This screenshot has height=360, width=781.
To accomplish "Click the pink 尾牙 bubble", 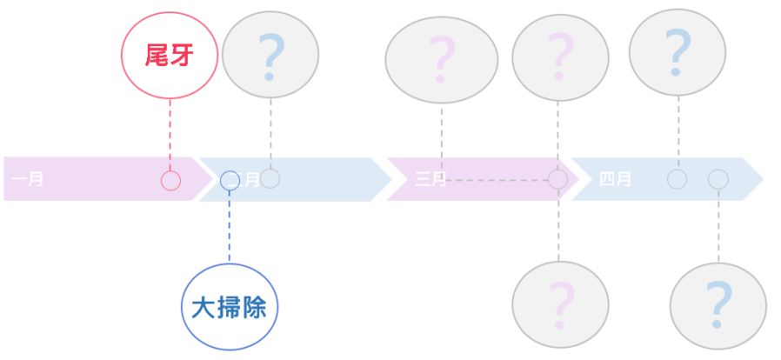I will click(x=169, y=57).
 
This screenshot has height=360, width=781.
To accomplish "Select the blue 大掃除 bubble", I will click(x=230, y=307).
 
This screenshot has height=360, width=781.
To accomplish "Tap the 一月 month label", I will click(x=29, y=180).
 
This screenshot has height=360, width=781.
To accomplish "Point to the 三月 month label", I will click(x=431, y=180).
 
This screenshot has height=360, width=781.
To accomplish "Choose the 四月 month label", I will click(x=615, y=180).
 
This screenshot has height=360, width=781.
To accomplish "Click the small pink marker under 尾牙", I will click(x=170, y=181).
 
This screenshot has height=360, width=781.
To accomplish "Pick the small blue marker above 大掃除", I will click(x=230, y=180).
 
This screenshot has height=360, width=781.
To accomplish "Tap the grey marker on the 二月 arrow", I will click(x=270, y=178).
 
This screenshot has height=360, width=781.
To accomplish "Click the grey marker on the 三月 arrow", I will click(x=557, y=179).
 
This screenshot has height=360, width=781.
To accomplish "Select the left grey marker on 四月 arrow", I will click(x=677, y=179).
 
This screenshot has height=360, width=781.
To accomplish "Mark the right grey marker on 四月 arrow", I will click(x=718, y=179).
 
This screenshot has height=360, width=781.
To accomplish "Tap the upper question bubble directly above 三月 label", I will click(x=442, y=59).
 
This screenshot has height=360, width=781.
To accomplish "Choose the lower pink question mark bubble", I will click(x=560, y=303).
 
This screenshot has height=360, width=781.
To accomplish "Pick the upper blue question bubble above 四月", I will click(x=677, y=52).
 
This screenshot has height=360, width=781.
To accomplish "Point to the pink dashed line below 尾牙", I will click(x=170, y=135).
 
